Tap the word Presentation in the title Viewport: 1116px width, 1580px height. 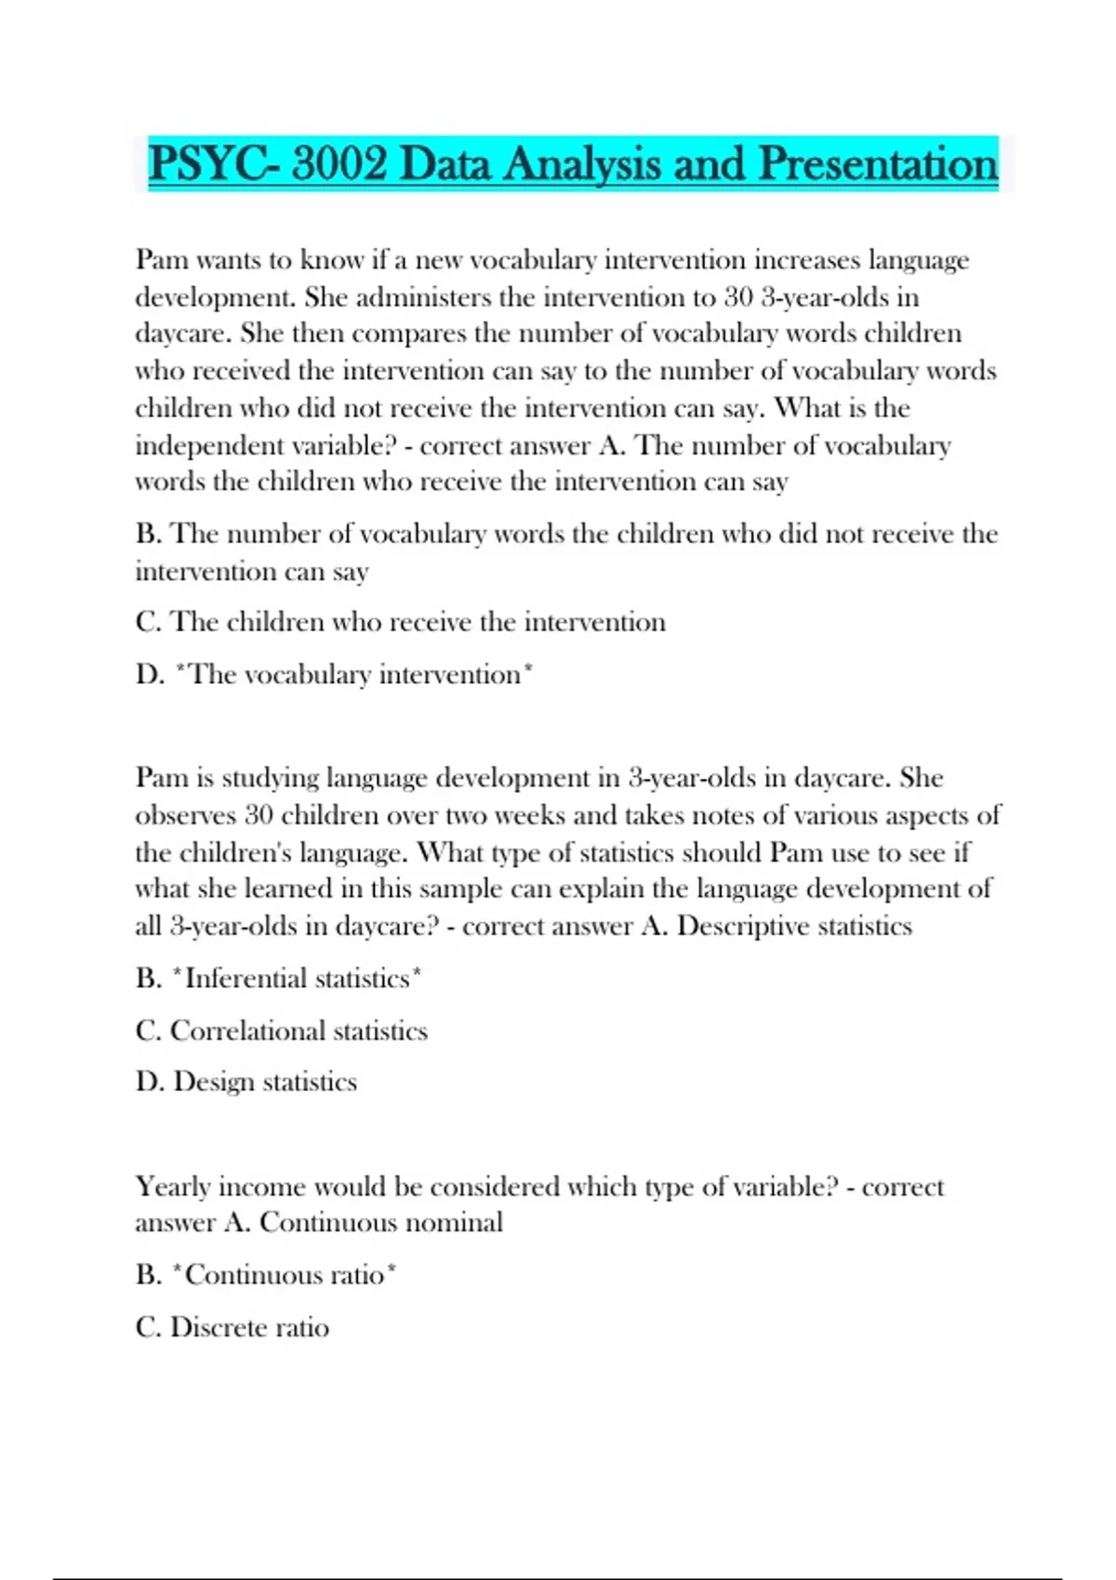point(878,165)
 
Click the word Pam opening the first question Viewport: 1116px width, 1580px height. point(161,259)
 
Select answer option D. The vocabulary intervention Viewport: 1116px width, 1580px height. point(335,674)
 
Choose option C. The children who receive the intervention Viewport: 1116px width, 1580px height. point(401,622)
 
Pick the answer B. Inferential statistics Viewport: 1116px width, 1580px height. point(279,979)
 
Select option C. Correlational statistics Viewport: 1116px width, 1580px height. point(282,1031)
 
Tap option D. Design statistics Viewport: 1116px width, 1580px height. point(246,1082)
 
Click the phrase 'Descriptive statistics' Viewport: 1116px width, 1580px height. point(794,927)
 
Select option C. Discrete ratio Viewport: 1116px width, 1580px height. point(232,1327)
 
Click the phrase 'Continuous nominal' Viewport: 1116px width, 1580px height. point(381,1222)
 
